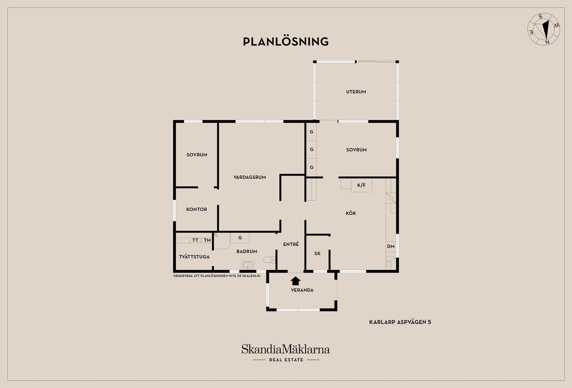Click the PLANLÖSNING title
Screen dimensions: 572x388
[x=286, y=41]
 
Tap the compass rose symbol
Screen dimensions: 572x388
[x=544, y=29]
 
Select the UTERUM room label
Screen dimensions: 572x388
[x=356, y=92]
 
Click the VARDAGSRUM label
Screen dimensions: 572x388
[x=250, y=177]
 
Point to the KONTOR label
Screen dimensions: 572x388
[x=197, y=209]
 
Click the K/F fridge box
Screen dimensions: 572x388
[x=361, y=185]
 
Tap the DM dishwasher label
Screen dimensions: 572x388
[x=391, y=246]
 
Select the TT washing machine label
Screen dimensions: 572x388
[x=195, y=240]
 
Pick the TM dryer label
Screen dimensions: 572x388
[x=207, y=240]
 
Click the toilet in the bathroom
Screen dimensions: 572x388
[x=269, y=260]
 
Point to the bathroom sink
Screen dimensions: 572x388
[x=248, y=265]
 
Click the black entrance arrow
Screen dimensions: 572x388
[x=296, y=281]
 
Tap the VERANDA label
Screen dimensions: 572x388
[x=302, y=290]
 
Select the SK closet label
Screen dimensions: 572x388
[x=318, y=253]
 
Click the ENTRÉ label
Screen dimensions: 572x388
[x=291, y=244]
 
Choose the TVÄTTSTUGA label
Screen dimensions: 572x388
[x=194, y=257]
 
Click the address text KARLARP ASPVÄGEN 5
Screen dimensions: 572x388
[x=400, y=322]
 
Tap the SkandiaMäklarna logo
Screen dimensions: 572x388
[x=286, y=353]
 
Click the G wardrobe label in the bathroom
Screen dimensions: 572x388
[x=240, y=238]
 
